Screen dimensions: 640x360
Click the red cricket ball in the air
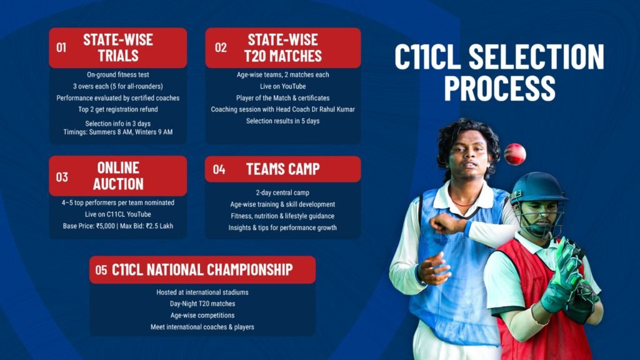tap(515, 154)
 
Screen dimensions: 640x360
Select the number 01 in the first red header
tap(61, 47)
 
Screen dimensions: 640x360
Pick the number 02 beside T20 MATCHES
tap(221, 47)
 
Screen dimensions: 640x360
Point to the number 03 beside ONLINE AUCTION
tap(62, 177)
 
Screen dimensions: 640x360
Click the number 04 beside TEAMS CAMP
tap(219, 169)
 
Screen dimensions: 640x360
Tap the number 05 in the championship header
tap(101, 270)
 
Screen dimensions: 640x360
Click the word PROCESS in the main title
tap(499, 87)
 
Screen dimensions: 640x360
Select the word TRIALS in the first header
tap(118, 56)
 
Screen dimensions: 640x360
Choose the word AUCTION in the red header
tap(118, 184)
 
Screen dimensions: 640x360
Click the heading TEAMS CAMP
tap(283, 169)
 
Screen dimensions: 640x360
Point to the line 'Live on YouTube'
tap(283, 86)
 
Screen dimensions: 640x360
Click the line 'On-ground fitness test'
tap(118, 75)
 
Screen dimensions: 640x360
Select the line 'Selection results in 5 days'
tap(283, 121)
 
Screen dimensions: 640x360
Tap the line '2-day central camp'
tap(282, 192)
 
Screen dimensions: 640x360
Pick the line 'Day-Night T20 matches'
tap(202, 304)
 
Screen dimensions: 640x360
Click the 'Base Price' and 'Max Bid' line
tap(118, 226)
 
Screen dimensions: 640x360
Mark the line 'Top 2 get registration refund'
tap(118, 109)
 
